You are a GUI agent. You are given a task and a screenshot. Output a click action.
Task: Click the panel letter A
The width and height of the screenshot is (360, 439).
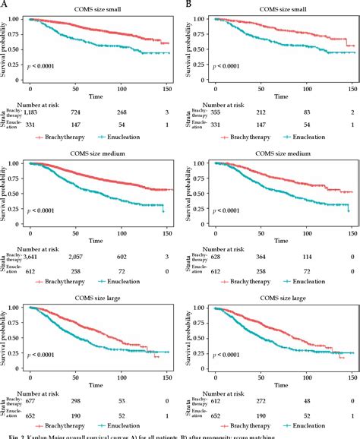tap(4, 4)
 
